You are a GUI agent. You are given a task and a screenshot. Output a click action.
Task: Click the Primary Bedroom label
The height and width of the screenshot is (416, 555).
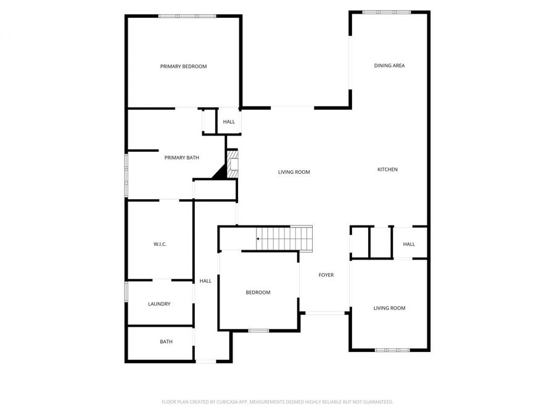(183, 67)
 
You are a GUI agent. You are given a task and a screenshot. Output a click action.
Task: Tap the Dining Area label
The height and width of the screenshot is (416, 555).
(389, 65)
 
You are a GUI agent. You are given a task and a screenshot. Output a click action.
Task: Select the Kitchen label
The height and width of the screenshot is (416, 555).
(387, 169)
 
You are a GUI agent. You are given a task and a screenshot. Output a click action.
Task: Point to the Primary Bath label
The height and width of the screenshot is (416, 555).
(181, 158)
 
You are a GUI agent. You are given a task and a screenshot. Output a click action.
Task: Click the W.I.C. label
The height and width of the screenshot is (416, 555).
(160, 244)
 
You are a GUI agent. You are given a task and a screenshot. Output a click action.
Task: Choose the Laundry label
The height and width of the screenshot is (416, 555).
(159, 304)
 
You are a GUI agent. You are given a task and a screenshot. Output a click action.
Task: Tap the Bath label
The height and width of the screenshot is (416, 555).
(166, 341)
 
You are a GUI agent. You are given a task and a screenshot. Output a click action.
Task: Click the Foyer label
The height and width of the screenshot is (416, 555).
(326, 275)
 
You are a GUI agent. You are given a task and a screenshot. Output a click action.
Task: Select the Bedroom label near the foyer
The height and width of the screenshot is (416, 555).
(258, 292)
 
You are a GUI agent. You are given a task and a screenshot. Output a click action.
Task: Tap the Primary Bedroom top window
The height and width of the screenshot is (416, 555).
(187, 16)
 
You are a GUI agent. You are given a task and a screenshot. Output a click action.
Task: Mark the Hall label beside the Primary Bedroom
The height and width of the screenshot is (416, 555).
(229, 122)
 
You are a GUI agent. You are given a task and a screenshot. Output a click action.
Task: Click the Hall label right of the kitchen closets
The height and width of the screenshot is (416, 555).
(409, 244)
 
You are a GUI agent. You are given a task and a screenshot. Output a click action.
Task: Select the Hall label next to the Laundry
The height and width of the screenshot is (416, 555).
(205, 281)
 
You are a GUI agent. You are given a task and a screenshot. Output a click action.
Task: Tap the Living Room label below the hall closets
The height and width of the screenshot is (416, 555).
(389, 308)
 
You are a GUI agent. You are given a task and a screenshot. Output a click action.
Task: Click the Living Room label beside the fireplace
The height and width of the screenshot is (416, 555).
(294, 172)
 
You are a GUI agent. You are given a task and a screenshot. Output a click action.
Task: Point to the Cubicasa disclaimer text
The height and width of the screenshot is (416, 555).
(277, 402)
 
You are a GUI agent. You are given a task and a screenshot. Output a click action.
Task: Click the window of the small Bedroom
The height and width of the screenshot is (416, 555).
(258, 331)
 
